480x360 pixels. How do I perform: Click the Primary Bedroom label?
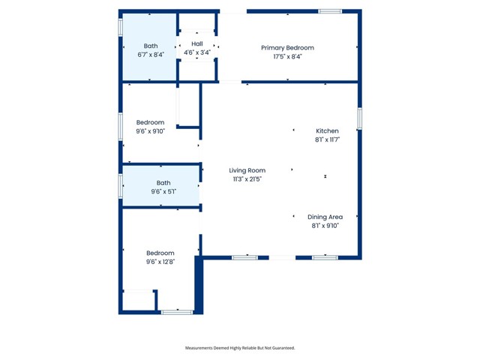[x=287, y=48]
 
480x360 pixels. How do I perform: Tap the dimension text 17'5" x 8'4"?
[x=287, y=57]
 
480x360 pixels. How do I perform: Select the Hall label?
[x=197, y=44]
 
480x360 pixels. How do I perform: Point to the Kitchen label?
[x=327, y=130]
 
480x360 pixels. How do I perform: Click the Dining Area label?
[x=325, y=217]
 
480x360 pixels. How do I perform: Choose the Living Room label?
[x=247, y=170]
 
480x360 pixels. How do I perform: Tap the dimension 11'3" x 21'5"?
[x=247, y=179]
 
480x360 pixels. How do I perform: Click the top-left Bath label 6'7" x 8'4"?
[x=151, y=55]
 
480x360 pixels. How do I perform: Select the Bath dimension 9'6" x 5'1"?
[x=163, y=192]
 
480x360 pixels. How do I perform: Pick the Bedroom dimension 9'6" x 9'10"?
[x=150, y=131]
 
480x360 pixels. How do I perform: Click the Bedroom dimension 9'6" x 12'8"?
[x=160, y=262]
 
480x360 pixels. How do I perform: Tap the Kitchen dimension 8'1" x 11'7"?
[x=327, y=139]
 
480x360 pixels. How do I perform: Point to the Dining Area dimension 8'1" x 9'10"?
[x=325, y=226]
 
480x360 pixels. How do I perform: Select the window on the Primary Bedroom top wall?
[x=330, y=11]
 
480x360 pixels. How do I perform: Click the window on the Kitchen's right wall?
[x=360, y=118]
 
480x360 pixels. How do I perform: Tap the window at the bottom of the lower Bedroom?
[x=177, y=311]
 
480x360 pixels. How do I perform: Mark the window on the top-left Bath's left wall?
[x=120, y=27]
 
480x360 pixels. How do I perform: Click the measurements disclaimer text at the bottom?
[x=240, y=348]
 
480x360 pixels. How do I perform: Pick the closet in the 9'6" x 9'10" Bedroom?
[x=188, y=105]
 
